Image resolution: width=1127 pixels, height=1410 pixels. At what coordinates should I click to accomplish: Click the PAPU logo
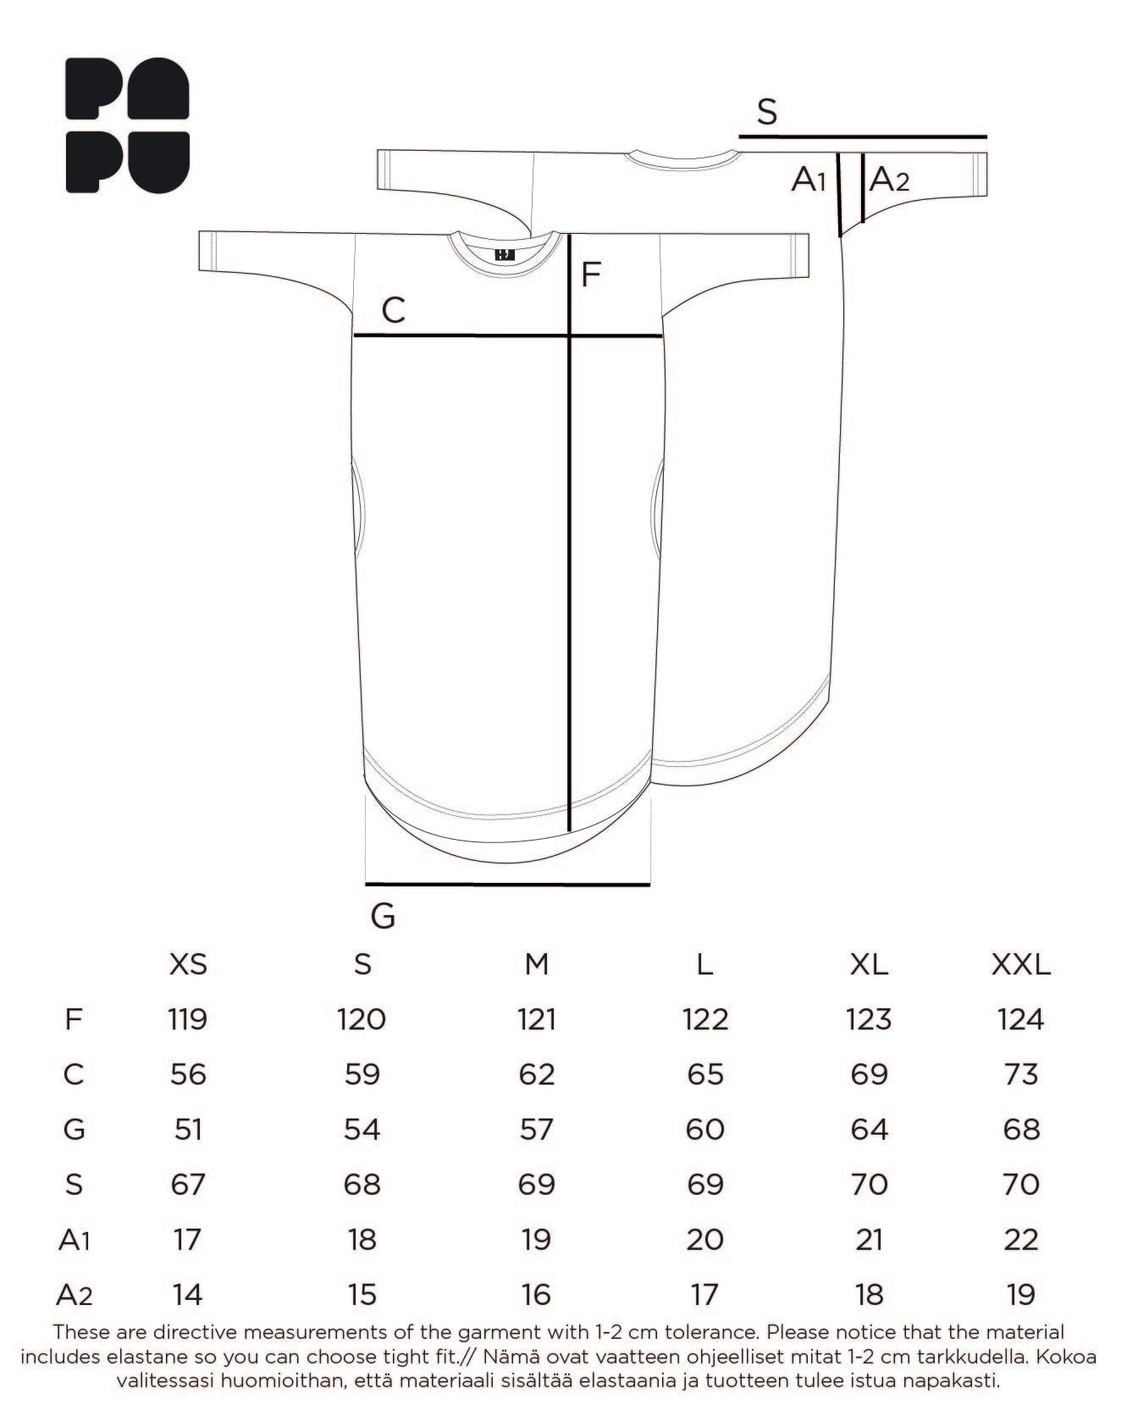pyautogui.click(x=127, y=125)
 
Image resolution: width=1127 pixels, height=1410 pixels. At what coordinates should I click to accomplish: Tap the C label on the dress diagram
pyautogui.click(x=394, y=311)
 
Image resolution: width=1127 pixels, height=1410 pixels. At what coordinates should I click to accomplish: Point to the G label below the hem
pyautogui.click(x=384, y=916)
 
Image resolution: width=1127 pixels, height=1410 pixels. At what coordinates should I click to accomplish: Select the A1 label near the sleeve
pyautogui.click(x=809, y=180)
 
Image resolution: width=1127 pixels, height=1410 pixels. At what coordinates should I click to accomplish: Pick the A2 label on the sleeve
pyautogui.click(x=889, y=180)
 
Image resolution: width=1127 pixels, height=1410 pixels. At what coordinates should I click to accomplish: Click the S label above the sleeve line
pyautogui.click(x=767, y=112)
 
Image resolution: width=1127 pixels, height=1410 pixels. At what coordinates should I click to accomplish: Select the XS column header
pyautogui.click(x=188, y=964)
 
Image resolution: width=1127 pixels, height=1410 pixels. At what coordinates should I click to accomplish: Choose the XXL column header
pyautogui.click(x=1021, y=964)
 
